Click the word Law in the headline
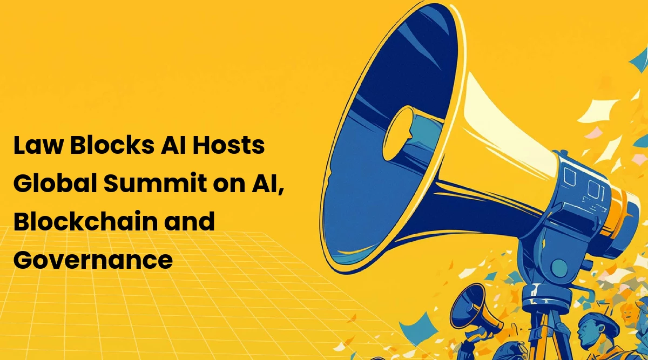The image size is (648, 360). (38, 145)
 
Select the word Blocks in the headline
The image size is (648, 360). (112, 145)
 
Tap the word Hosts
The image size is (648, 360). (228, 145)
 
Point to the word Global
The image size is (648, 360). (55, 183)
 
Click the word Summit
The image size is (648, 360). (156, 183)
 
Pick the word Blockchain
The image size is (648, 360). (85, 221)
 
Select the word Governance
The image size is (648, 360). (93, 260)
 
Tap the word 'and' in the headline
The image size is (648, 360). (190, 221)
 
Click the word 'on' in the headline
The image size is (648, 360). (229, 185)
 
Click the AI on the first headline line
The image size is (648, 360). (173, 145)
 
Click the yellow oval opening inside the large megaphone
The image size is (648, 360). (398, 133)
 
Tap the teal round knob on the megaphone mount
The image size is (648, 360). (559, 268)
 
